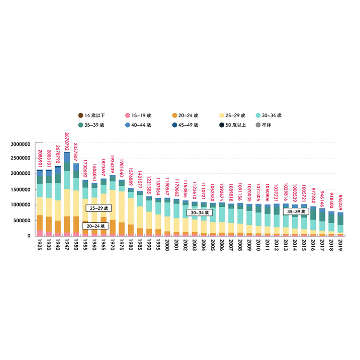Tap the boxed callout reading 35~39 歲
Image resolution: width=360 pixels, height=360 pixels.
pyautogui.click(x=294, y=211)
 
